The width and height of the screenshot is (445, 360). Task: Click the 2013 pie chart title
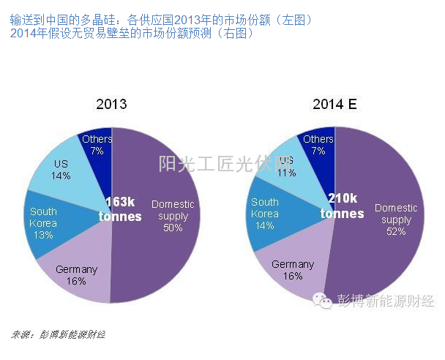tap(111, 104)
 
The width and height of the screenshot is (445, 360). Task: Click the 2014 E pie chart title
tap(334, 104)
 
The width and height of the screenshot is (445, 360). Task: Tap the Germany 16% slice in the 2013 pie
tap(76, 274)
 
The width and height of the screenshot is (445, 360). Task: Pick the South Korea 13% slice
tap(43, 223)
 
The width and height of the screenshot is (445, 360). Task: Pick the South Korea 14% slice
tap(265, 213)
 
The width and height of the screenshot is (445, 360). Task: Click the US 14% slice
tap(61, 170)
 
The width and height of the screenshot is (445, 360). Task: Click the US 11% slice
tap(285, 167)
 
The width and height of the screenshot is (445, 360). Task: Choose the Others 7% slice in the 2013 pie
tap(97, 144)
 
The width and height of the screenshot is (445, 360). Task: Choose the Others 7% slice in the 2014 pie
tap(318, 144)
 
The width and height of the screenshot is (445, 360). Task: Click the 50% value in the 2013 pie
tap(173, 228)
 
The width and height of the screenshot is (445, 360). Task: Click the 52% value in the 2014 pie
tap(396, 231)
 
